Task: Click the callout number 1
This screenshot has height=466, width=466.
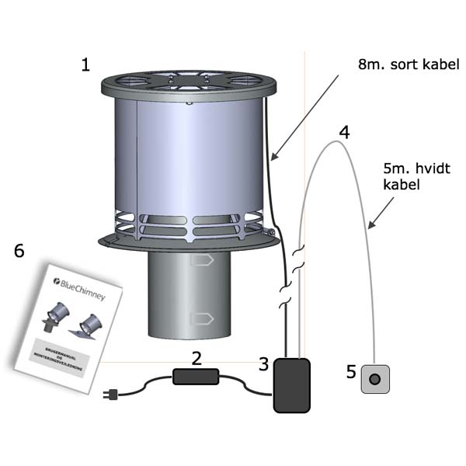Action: tap(85, 64)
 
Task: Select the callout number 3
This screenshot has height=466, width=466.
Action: tap(264, 363)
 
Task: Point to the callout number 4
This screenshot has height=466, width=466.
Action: tap(343, 130)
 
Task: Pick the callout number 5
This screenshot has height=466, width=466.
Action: tap(351, 372)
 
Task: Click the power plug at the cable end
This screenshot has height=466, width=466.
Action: tap(113, 395)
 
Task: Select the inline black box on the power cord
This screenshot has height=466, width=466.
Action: tap(196, 377)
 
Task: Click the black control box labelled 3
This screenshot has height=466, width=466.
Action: tap(292, 384)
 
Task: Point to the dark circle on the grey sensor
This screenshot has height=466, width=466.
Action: tap(374, 380)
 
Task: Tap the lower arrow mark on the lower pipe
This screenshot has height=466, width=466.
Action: tap(200, 316)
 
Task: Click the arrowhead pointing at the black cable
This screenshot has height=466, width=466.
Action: tap(274, 158)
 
